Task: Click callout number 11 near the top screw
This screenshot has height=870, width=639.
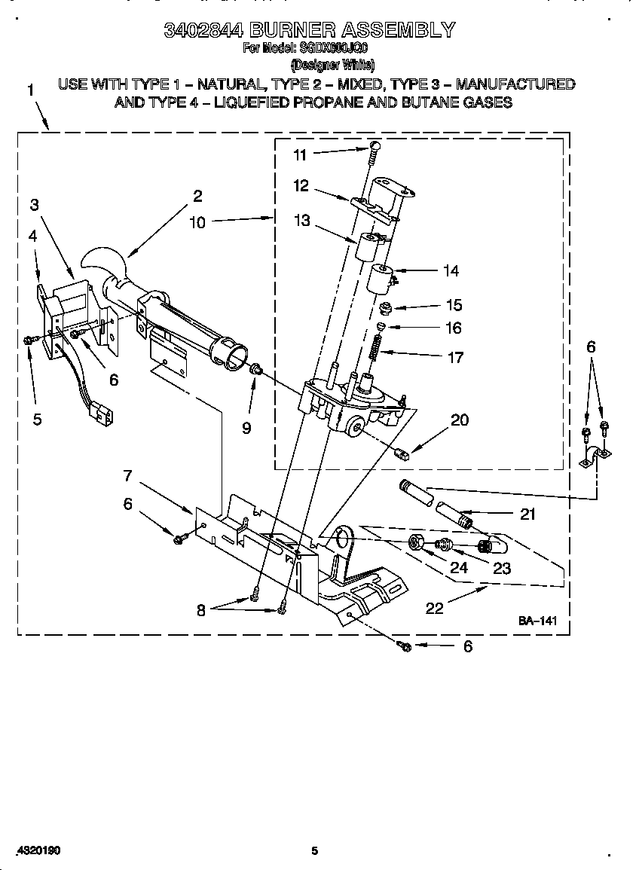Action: click(x=300, y=155)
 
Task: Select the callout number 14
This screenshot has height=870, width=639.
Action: click(x=451, y=271)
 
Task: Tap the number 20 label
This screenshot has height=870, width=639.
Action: click(x=459, y=420)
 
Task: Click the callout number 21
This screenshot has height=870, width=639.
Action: click(x=527, y=514)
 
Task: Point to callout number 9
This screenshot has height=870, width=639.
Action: click(x=246, y=428)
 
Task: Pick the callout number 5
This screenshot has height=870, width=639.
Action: click(x=38, y=420)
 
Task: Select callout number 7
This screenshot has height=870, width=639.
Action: click(x=128, y=475)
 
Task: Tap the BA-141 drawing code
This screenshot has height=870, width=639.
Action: click(x=537, y=621)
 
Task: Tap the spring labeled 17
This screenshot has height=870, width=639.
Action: click(x=378, y=347)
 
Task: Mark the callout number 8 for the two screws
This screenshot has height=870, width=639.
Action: click(x=201, y=611)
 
